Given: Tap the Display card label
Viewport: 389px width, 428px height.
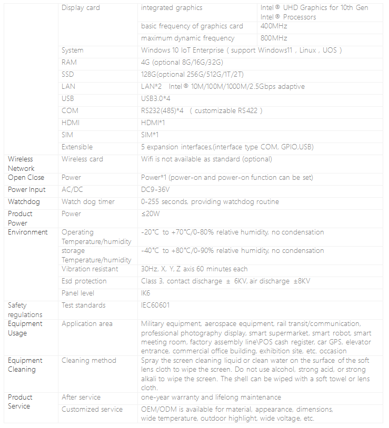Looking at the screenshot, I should [x=81, y=8].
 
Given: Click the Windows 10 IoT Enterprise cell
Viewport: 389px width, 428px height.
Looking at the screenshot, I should [x=242, y=50].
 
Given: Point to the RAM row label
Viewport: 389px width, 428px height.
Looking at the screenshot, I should [x=69, y=63].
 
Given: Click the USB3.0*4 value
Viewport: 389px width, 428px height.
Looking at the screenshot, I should [x=156, y=99].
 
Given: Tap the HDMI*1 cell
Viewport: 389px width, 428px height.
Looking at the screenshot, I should [x=153, y=123].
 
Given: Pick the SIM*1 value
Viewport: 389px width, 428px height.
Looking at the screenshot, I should [x=150, y=135].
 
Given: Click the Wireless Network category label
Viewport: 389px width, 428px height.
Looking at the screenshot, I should [x=21, y=164].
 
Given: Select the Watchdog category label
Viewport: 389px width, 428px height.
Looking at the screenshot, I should [x=24, y=202].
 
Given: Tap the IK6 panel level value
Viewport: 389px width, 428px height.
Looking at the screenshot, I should [x=146, y=293].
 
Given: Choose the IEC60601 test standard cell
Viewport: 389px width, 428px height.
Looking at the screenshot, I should [x=155, y=305].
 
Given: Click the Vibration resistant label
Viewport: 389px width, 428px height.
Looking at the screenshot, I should [x=89, y=269].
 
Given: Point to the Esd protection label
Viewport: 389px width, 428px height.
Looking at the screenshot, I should [x=84, y=281].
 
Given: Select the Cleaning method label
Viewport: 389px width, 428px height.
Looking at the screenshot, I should [x=87, y=361].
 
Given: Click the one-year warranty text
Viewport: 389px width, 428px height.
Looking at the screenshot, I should [x=211, y=398].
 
